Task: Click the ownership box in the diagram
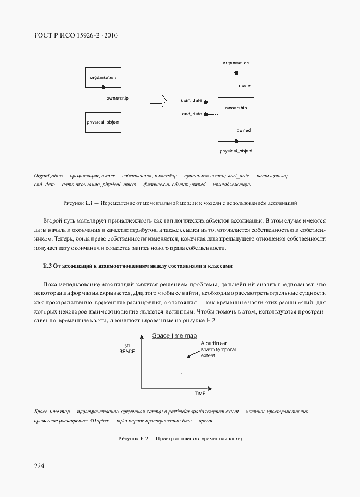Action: pos(236,108)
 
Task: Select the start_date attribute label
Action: pos(191,101)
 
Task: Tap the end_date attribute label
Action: pos(192,114)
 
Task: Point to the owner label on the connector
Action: pos(245,86)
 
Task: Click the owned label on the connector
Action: pos(244,131)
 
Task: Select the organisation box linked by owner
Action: pos(236,63)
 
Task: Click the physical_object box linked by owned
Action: pos(236,150)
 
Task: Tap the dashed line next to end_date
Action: pos(211,114)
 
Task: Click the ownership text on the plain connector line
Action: pos(118,97)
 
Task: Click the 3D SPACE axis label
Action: pos(127,348)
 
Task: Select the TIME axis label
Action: pos(200,392)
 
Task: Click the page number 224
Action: pos(39,467)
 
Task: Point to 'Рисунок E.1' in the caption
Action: pos(78,203)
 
